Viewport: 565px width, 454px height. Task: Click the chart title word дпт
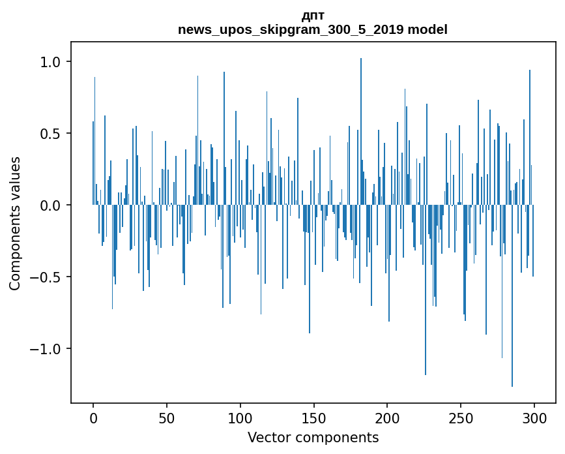coord(313,16)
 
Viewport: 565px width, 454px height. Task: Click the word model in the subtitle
coord(427,29)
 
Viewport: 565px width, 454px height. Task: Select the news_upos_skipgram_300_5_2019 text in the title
coord(291,29)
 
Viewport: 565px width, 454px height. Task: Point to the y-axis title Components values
coord(15,223)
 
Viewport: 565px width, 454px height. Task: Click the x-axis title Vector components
coord(313,438)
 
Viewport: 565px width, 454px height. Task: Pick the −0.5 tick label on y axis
coord(47,277)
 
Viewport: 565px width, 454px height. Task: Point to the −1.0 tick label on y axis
coord(47,349)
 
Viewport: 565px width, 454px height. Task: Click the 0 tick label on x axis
coord(93,417)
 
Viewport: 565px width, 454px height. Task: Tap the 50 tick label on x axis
coord(167,417)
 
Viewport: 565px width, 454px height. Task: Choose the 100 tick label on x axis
coord(240,417)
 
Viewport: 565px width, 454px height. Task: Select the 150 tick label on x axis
coord(314,417)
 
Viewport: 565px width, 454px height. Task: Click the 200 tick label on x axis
coord(388,417)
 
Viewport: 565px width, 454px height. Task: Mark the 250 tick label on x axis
coord(461,417)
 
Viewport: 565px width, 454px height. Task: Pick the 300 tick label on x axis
coord(534,417)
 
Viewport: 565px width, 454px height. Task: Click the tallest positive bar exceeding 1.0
coord(361,130)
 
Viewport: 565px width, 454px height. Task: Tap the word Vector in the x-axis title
coord(267,438)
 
